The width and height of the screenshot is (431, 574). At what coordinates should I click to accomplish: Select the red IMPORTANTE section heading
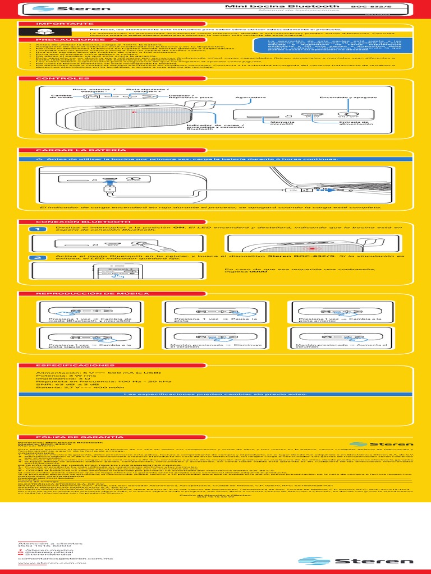click(x=57, y=25)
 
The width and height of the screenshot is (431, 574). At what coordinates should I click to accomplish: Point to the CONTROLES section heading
click(x=56, y=78)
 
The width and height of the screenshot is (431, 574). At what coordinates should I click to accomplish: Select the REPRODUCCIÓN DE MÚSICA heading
click(x=93, y=294)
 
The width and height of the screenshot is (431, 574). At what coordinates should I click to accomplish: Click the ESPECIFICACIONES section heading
click(x=67, y=365)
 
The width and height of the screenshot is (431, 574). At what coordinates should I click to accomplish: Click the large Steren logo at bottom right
click(x=331, y=561)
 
